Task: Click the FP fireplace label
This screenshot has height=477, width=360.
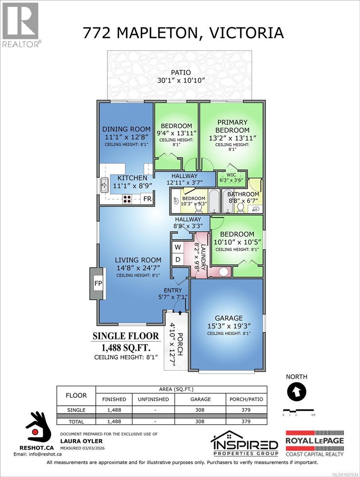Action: coord(97,284)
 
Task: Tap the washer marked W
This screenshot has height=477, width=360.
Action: coord(178,247)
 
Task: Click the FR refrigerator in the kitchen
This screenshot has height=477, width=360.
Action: coord(147,199)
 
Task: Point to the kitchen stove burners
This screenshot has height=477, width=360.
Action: coord(127,199)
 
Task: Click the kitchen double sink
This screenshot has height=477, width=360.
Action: coord(104,185)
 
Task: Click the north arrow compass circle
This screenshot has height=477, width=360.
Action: coord(296,392)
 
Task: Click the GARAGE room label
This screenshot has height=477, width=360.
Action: coord(228,318)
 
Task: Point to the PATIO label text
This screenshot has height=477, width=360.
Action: coord(181,73)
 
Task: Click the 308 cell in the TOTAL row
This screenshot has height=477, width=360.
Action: coord(200,421)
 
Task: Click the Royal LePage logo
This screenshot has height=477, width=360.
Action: coord(315,443)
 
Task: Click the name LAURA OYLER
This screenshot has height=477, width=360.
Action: coord(76,441)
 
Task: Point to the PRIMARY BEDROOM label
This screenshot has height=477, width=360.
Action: coord(232,126)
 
